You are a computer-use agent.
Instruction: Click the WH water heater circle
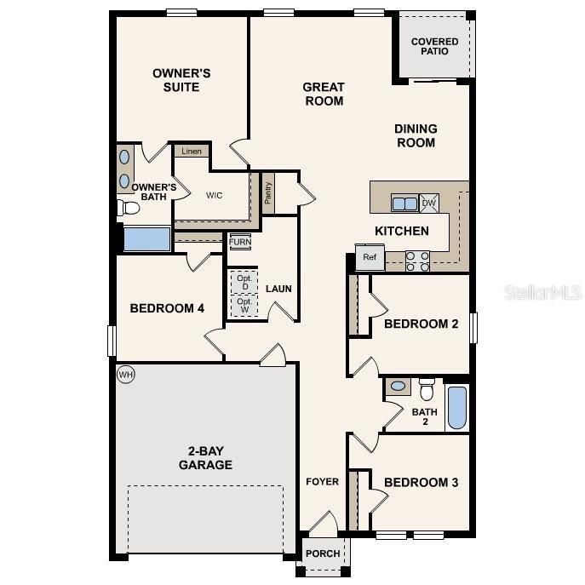[x=126, y=374]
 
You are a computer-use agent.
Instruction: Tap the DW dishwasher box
[x=428, y=203]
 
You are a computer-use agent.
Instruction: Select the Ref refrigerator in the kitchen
[x=370, y=257]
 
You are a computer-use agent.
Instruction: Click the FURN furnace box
[x=240, y=242]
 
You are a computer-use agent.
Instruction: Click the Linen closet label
[x=192, y=151]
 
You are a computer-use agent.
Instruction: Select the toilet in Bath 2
[x=427, y=389]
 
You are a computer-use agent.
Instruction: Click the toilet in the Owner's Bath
[x=129, y=207]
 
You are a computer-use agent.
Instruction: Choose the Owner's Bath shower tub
[x=146, y=238]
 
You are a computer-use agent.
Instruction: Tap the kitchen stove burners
[x=417, y=261]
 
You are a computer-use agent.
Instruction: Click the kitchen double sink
[x=404, y=204]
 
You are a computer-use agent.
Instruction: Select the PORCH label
[x=324, y=553]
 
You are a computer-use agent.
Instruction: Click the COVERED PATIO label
[x=434, y=47]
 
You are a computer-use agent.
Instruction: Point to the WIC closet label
[x=215, y=195]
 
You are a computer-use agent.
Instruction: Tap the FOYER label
[x=323, y=482]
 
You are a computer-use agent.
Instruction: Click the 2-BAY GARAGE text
[x=205, y=458]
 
